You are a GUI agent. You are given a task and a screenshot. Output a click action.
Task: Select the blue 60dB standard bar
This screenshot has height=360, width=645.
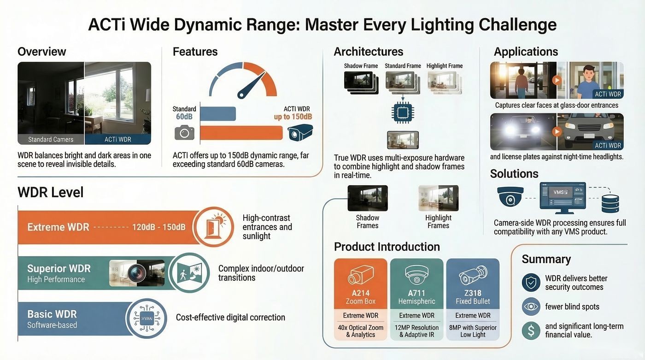point(218,113)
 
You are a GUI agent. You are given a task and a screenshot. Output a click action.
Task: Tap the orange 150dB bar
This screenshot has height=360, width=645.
point(241,133)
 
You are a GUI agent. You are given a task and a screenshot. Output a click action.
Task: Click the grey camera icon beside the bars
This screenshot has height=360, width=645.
point(184,133)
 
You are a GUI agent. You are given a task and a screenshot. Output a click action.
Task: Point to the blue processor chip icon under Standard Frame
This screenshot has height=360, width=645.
point(403,112)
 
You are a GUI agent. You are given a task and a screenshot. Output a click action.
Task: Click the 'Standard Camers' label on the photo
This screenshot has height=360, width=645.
point(51,139)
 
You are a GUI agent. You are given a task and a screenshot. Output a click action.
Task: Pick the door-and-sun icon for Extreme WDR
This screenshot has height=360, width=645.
point(213,227)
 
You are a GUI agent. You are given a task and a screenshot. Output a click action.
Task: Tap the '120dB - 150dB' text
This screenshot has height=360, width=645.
point(158,227)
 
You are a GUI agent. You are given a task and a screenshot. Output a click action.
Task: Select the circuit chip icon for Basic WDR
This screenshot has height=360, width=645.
point(147,318)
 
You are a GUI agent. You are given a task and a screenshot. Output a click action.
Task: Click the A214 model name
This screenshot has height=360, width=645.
point(360,293)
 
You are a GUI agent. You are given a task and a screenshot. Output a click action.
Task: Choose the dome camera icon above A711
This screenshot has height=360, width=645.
point(416,274)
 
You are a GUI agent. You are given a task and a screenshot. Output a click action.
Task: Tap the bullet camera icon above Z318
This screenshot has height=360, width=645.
point(473,275)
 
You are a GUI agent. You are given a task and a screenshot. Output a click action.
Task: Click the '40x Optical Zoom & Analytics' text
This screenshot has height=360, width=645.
point(360,331)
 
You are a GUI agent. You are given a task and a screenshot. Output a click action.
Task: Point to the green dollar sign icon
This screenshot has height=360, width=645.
point(531,330)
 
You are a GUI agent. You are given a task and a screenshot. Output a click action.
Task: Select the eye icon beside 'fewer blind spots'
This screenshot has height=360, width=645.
point(531,307)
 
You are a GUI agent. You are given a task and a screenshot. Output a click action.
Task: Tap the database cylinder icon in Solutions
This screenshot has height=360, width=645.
point(610,204)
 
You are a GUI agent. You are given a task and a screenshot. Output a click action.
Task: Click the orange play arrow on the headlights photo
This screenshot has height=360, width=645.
point(557,132)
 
